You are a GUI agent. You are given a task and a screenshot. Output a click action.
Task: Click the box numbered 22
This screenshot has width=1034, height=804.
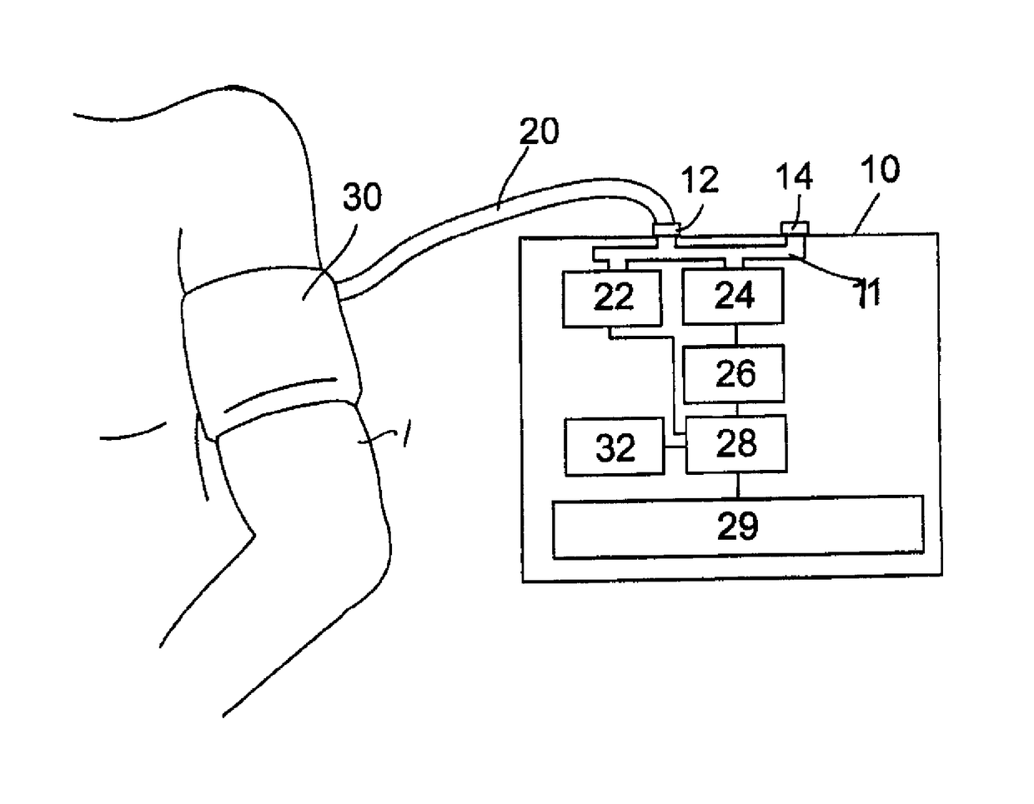(612, 298)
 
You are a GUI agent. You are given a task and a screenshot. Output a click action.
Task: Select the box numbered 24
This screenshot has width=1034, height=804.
(733, 297)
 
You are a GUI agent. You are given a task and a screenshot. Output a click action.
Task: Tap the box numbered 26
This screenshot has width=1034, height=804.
(734, 374)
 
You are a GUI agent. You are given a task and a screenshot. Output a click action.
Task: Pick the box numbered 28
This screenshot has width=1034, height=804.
(735, 444)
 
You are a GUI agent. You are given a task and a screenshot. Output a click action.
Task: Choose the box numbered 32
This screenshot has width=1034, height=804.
(615, 447)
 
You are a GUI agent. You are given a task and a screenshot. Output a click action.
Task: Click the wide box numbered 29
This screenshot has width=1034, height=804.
(738, 527)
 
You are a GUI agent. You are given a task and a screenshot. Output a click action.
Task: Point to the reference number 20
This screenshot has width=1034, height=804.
(539, 131)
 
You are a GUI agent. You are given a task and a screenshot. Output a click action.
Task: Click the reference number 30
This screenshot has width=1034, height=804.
(362, 197)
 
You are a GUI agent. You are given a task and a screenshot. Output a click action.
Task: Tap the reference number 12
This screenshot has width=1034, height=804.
(700, 180)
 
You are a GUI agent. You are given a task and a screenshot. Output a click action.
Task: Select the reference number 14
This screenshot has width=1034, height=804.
(794, 176)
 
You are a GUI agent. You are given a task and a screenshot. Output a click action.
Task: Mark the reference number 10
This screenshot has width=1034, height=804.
(881, 169)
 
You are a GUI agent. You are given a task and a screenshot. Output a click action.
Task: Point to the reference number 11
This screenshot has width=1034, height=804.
(869, 292)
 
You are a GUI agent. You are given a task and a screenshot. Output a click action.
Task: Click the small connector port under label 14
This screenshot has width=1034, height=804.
(795, 228)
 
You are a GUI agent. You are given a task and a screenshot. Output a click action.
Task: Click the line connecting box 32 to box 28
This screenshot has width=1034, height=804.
(675, 447)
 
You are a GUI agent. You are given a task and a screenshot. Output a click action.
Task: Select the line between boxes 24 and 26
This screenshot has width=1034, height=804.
(736, 335)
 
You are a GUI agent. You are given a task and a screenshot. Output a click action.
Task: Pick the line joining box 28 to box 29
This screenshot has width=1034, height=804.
(738, 485)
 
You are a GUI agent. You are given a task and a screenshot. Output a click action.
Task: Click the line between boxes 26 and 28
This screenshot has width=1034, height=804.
(736, 409)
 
